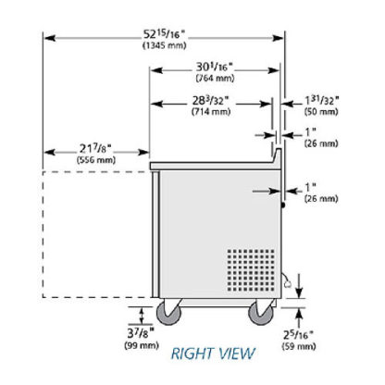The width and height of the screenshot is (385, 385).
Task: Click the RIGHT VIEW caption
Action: click(x=213, y=354)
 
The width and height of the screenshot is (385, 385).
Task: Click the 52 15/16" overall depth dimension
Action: click(x=165, y=34)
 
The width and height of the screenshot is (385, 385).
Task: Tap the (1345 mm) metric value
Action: click(x=165, y=45)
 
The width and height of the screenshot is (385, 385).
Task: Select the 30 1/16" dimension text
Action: click(x=215, y=67)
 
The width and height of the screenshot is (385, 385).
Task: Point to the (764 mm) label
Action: click(x=215, y=79)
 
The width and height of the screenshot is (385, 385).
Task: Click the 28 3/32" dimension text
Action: click(x=211, y=100)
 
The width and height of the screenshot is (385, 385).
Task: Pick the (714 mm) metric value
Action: click(x=211, y=111)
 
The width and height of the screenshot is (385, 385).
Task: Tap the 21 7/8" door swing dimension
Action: click(x=95, y=149)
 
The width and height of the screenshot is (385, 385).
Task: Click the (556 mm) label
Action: click(x=96, y=160)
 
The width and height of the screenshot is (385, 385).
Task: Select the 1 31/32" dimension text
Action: click(x=322, y=101)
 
